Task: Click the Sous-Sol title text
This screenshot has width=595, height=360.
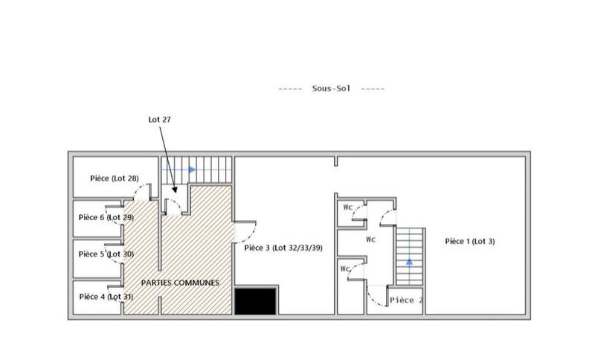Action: pos(331,88)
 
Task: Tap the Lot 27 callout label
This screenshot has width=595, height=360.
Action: pos(160,119)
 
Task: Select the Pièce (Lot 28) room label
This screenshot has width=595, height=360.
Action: pos(114,179)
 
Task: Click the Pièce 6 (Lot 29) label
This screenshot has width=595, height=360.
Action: pos(106,217)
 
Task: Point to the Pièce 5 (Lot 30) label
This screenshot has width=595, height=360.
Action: pos(106,254)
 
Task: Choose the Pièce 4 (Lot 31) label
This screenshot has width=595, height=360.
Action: pos(106,297)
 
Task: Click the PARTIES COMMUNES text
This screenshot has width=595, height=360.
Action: pos(181,283)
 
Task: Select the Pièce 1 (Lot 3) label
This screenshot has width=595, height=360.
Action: pos(470,241)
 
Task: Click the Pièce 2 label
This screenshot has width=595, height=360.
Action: pos(406,300)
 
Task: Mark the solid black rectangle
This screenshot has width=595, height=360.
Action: pos(257,302)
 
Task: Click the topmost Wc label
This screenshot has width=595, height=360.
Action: pos(347,208)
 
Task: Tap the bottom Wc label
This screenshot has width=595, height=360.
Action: pos(344,269)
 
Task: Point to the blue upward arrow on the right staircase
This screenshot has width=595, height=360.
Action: pos(408,261)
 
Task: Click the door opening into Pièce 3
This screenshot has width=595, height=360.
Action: pos(245,230)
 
